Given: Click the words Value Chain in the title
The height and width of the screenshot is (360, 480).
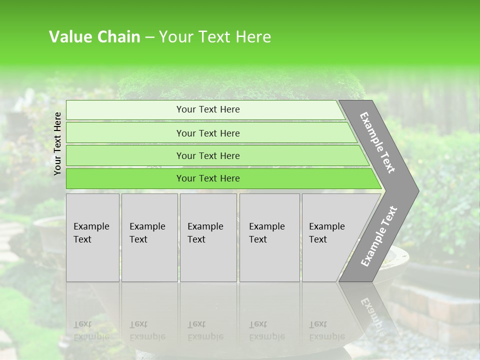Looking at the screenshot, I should (94, 37).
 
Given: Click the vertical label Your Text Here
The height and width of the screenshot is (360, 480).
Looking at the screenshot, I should (57, 143).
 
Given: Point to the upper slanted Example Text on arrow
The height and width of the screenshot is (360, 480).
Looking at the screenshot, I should (377, 142).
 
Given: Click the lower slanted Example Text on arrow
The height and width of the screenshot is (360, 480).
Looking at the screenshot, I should (378, 236).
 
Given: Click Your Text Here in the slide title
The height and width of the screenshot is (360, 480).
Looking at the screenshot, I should (215, 37).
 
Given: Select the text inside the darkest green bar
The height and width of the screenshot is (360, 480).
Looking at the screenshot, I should (208, 178).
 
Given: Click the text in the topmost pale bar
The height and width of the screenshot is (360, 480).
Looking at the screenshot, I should (208, 109).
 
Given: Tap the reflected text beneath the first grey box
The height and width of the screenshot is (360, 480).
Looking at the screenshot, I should (91, 330).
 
